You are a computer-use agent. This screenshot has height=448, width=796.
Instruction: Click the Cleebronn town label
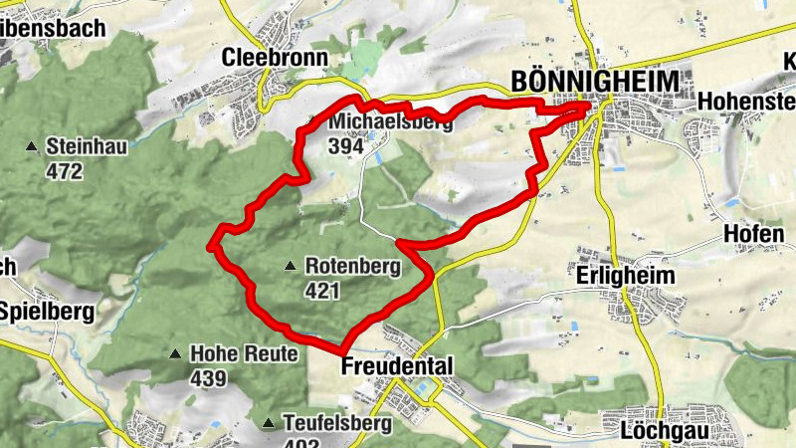276,57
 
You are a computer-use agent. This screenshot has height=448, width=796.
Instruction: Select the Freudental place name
396,366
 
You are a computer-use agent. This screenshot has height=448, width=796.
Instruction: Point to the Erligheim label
626,275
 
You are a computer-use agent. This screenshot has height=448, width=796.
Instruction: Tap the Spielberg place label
47,311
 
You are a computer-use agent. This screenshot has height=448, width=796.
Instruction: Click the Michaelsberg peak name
390,122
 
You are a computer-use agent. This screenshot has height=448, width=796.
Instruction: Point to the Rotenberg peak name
352,267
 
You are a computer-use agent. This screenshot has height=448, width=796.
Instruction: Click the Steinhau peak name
87,148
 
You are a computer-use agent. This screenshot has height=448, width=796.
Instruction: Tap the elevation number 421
323,291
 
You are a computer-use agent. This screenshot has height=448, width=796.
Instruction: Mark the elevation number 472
63,171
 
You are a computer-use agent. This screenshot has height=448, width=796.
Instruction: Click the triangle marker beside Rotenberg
290,266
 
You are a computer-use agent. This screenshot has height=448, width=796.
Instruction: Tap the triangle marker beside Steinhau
31,148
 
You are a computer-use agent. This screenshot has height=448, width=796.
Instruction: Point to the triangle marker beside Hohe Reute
175,353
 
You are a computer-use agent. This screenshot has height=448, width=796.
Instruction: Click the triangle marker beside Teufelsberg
268,424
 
